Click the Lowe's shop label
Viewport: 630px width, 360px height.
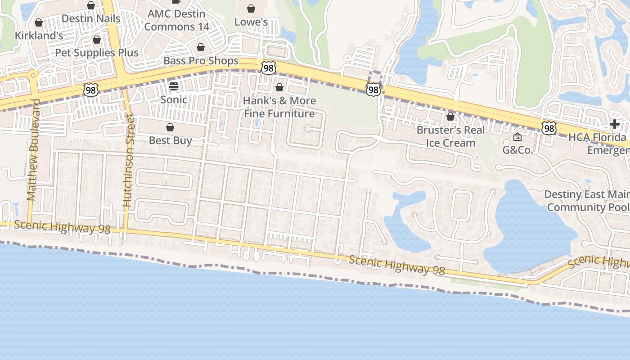(251, 22)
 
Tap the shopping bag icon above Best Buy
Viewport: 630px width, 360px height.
(170, 128)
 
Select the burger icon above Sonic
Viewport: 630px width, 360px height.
(174, 86)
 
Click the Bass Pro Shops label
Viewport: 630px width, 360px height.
(201, 61)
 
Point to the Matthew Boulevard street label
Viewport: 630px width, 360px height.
(32, 149)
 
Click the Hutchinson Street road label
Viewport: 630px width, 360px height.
(129, 161)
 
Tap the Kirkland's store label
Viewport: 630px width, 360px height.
(39, 36)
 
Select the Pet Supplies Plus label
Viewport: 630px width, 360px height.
(97, 53)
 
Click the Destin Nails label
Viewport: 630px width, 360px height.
(91, 18)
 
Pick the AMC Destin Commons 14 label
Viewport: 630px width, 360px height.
(177, 20)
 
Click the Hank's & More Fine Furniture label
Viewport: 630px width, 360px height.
(279, 107)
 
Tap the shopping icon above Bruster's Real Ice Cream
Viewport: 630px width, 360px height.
(450, 117)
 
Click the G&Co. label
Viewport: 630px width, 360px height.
(517, 150)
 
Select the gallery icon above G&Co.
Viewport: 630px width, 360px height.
(517, 137)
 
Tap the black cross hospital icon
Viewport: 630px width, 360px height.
(615, 124)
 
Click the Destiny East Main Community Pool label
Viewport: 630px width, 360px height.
(586, 201)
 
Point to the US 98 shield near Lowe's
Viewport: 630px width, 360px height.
(268, 68)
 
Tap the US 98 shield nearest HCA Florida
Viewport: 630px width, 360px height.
(549, 128)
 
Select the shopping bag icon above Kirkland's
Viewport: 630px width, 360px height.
(39, 22)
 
